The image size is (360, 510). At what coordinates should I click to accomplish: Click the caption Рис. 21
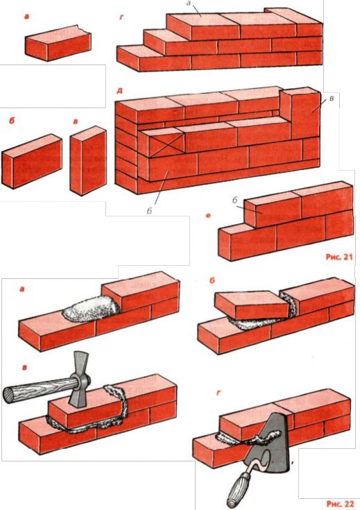pos(339,257)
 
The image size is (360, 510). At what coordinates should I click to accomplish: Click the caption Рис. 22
pos(340,504)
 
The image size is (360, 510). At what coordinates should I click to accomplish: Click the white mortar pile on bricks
pos(90,309)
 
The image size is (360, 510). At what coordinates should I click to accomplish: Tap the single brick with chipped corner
pos(58,43)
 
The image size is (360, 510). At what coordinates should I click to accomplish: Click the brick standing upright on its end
pos(89,161)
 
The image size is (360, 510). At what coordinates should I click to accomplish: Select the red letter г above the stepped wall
pos(122,17)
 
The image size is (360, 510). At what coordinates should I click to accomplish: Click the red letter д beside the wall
pos(119,90)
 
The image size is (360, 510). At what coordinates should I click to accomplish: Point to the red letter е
pos(209,215)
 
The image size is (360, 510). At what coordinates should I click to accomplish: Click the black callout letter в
pos(331,98)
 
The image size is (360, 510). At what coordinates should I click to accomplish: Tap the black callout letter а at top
pos(188,3)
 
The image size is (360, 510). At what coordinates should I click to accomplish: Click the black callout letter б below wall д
pos(149,211)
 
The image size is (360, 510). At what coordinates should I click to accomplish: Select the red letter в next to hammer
pos(24,368)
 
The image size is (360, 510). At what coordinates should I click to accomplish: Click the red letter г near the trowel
pos(219,393)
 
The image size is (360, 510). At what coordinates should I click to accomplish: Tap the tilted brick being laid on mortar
pos(251,304)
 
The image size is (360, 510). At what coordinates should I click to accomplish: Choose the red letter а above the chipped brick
pos(26,17)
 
